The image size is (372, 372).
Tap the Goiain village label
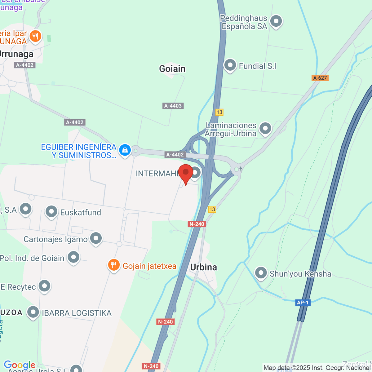tap(172, 69)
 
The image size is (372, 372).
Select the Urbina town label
tap(203, 267)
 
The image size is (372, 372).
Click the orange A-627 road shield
tap(320, 78)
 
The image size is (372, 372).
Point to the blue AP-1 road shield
tap(303, 303)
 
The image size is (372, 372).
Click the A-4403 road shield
tap(173, 106)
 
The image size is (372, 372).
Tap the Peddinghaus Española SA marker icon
tap(276, 21)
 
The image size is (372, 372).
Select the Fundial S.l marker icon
tap(230, 65)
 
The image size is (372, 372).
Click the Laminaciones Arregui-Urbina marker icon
tap(265, 128)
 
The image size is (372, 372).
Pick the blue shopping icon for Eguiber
tap(125, 150)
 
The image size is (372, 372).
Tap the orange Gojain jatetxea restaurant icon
tap(114, 265)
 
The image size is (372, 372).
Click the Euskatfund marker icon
tap(51, 212)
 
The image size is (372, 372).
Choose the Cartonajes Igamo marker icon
tap(96, 238)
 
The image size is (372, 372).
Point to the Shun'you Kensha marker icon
tap(261, 273)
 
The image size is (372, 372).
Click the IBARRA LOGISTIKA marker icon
tap(33, 312)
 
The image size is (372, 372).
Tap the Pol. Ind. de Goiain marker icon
tap(73, 257)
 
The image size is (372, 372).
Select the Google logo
tap(20, 365)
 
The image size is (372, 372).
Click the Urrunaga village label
tap(16, 54)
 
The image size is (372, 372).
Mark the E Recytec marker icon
tap(44, 286)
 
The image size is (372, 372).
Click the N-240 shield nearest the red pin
tap(197, 224)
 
